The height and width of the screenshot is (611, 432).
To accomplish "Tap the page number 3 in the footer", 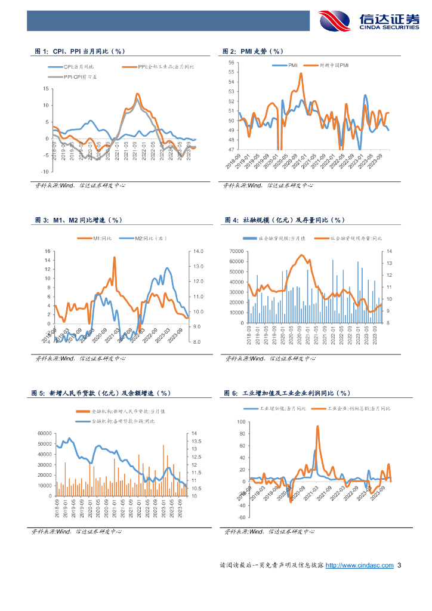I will pos(399,565).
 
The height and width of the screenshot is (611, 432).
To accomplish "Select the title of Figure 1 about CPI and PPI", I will pos(79,52).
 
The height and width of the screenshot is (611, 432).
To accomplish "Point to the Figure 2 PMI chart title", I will pos(253,52).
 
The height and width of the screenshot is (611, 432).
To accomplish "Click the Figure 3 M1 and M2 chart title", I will pos(78,220).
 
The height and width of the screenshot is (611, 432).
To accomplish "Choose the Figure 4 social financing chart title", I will pos(285,220).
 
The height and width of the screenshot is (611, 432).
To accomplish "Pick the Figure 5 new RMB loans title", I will pos(101,393).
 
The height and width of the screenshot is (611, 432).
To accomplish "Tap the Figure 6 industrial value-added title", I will pos(286,393).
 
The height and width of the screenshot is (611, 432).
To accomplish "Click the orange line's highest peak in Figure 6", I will pos(317,426).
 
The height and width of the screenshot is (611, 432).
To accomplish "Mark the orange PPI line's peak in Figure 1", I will pos(137,94).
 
